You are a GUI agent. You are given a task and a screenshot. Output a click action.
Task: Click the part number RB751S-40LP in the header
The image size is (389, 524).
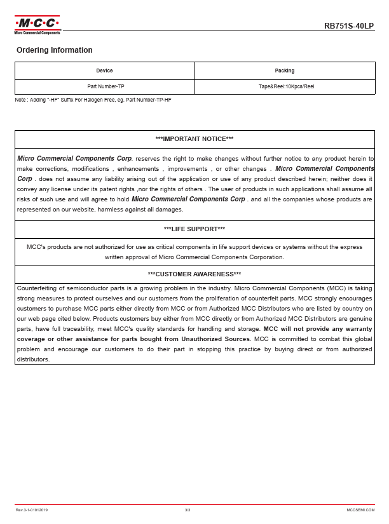tap(349, 26)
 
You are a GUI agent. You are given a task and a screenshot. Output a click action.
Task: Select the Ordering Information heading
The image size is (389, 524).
tap(55, 50)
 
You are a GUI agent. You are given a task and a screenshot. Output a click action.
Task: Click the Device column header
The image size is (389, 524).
tap(104, 71)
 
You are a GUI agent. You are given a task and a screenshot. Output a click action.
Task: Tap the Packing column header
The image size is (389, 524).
tap(285, 71)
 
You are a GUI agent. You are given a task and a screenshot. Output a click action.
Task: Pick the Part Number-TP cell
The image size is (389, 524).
tap(104, 86)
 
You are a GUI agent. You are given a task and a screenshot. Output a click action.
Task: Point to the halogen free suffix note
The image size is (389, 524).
tap(93, 100)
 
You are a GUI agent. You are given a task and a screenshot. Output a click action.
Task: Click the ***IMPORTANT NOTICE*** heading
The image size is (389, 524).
tap(194, 138)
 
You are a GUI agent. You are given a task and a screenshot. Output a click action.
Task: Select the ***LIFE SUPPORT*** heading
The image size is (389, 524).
tap(194, 229)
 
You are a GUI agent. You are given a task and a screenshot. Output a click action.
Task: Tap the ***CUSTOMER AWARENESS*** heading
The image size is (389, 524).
tap(194, 274)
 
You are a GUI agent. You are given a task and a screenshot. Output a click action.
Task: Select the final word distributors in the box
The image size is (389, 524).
tap(34, 359)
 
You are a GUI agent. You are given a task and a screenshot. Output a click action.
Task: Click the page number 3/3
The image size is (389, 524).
tap(188, 510)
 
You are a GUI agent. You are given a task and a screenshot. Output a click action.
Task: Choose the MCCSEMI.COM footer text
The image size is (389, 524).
tap(360, 510)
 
